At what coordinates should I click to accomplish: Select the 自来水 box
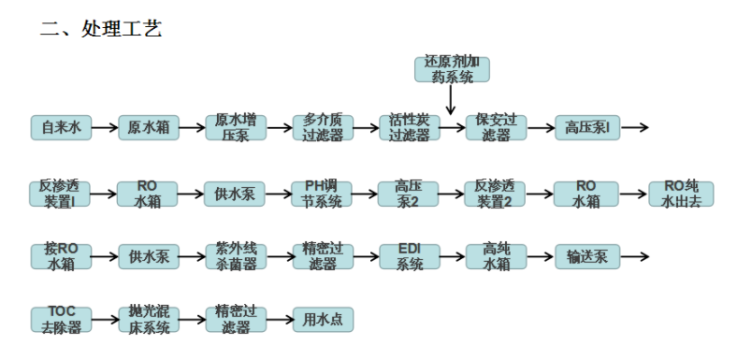tap(61, 127)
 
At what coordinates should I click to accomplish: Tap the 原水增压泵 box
tap(236, 127)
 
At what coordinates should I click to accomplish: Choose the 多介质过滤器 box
tap(323, 127)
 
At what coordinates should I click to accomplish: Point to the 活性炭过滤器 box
tap(410, 127)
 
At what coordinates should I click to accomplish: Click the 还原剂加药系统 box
tap(452, 70)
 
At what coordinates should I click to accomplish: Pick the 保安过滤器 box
tap(497, 127)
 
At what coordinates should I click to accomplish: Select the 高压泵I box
tap(585, 127)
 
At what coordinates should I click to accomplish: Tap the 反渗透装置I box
tap(61, 194)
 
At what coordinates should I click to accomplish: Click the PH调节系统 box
tap(323, 194)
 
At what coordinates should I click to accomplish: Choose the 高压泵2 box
tap(410, 194)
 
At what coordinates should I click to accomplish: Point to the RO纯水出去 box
tap(681, 194)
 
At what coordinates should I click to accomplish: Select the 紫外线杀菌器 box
tap(236, 256)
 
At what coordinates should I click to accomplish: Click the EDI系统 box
tap(410, 256)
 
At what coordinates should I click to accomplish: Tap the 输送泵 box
tap(585, 256)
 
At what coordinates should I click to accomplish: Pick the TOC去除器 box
tap(61, 319)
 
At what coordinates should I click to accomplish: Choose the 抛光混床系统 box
tap(149, 319)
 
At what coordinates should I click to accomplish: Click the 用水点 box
tap(323, 319)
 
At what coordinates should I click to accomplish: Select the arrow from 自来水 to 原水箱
tap(105, 127)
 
